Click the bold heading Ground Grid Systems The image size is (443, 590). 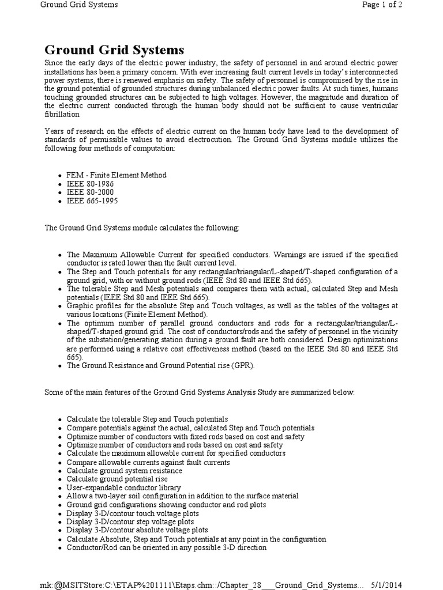[x=114, y=50]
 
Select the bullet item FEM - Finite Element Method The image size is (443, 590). [x=117, y=175]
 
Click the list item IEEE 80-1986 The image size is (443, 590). [x=90, y=184]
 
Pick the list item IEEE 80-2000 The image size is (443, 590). [x=90, y=192]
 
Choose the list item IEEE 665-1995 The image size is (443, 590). [x=92, y=201]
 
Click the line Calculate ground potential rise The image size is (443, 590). [x=117, y=479]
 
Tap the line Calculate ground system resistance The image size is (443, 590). [x=124, y=470]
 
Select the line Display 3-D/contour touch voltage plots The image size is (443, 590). [x=133, y=513]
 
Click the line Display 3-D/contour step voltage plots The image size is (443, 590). [x=131, y=521]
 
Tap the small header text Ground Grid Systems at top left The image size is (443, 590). [x=79, y=5]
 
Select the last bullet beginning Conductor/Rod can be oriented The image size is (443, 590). [x=167, y=547]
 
